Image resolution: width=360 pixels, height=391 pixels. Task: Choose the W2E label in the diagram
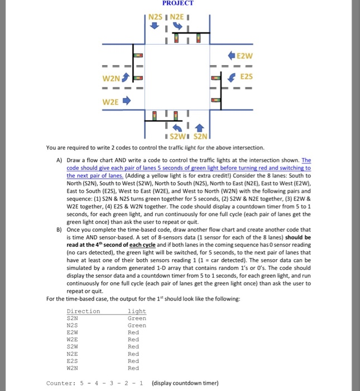pyautogui.click(x=109, y=102)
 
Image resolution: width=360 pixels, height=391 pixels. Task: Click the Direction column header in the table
pyautogui.click(x=83, y=311)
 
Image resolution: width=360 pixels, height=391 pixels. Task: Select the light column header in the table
pyautogui.click(x=137, y=311)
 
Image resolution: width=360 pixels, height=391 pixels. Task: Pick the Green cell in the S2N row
pyautogui.click(x=137, y=318)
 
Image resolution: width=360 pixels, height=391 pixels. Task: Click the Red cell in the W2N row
pyautogui.click(x=133, y=368)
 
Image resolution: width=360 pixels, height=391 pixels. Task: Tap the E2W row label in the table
pyautogui.click(x=73, y=332)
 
